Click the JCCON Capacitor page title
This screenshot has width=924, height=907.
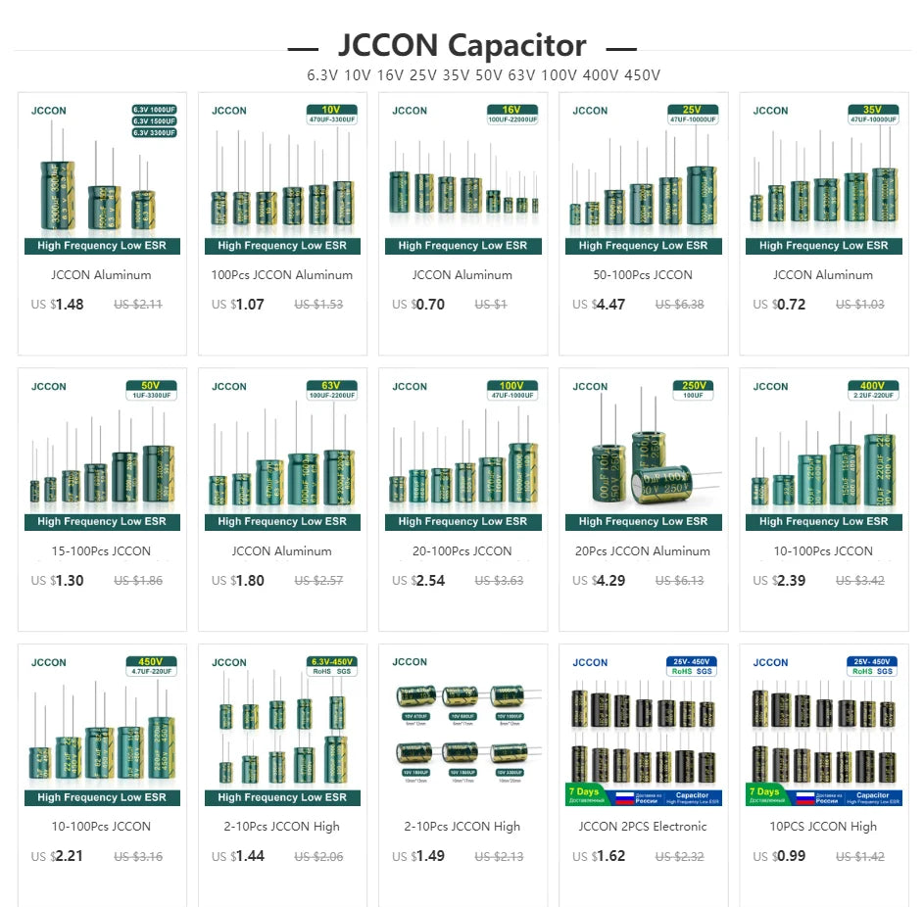[462, 45]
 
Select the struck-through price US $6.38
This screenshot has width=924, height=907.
[679, 305]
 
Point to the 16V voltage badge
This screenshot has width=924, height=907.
[511, 110]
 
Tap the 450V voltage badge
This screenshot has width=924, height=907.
[150, 661]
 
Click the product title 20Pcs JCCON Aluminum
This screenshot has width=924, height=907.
[643, 551]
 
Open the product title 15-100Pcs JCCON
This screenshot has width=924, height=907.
[101, 551]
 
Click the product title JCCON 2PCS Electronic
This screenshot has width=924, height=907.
[643, 827]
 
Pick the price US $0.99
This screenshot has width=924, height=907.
[779, 857]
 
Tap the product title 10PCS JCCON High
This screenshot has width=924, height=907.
[823, 827]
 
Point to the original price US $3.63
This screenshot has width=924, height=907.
[499, 581]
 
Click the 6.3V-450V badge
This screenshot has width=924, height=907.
[330, 661]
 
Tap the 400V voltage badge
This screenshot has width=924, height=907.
[871, 386]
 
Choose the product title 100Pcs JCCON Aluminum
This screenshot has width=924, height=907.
[281, 275]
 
